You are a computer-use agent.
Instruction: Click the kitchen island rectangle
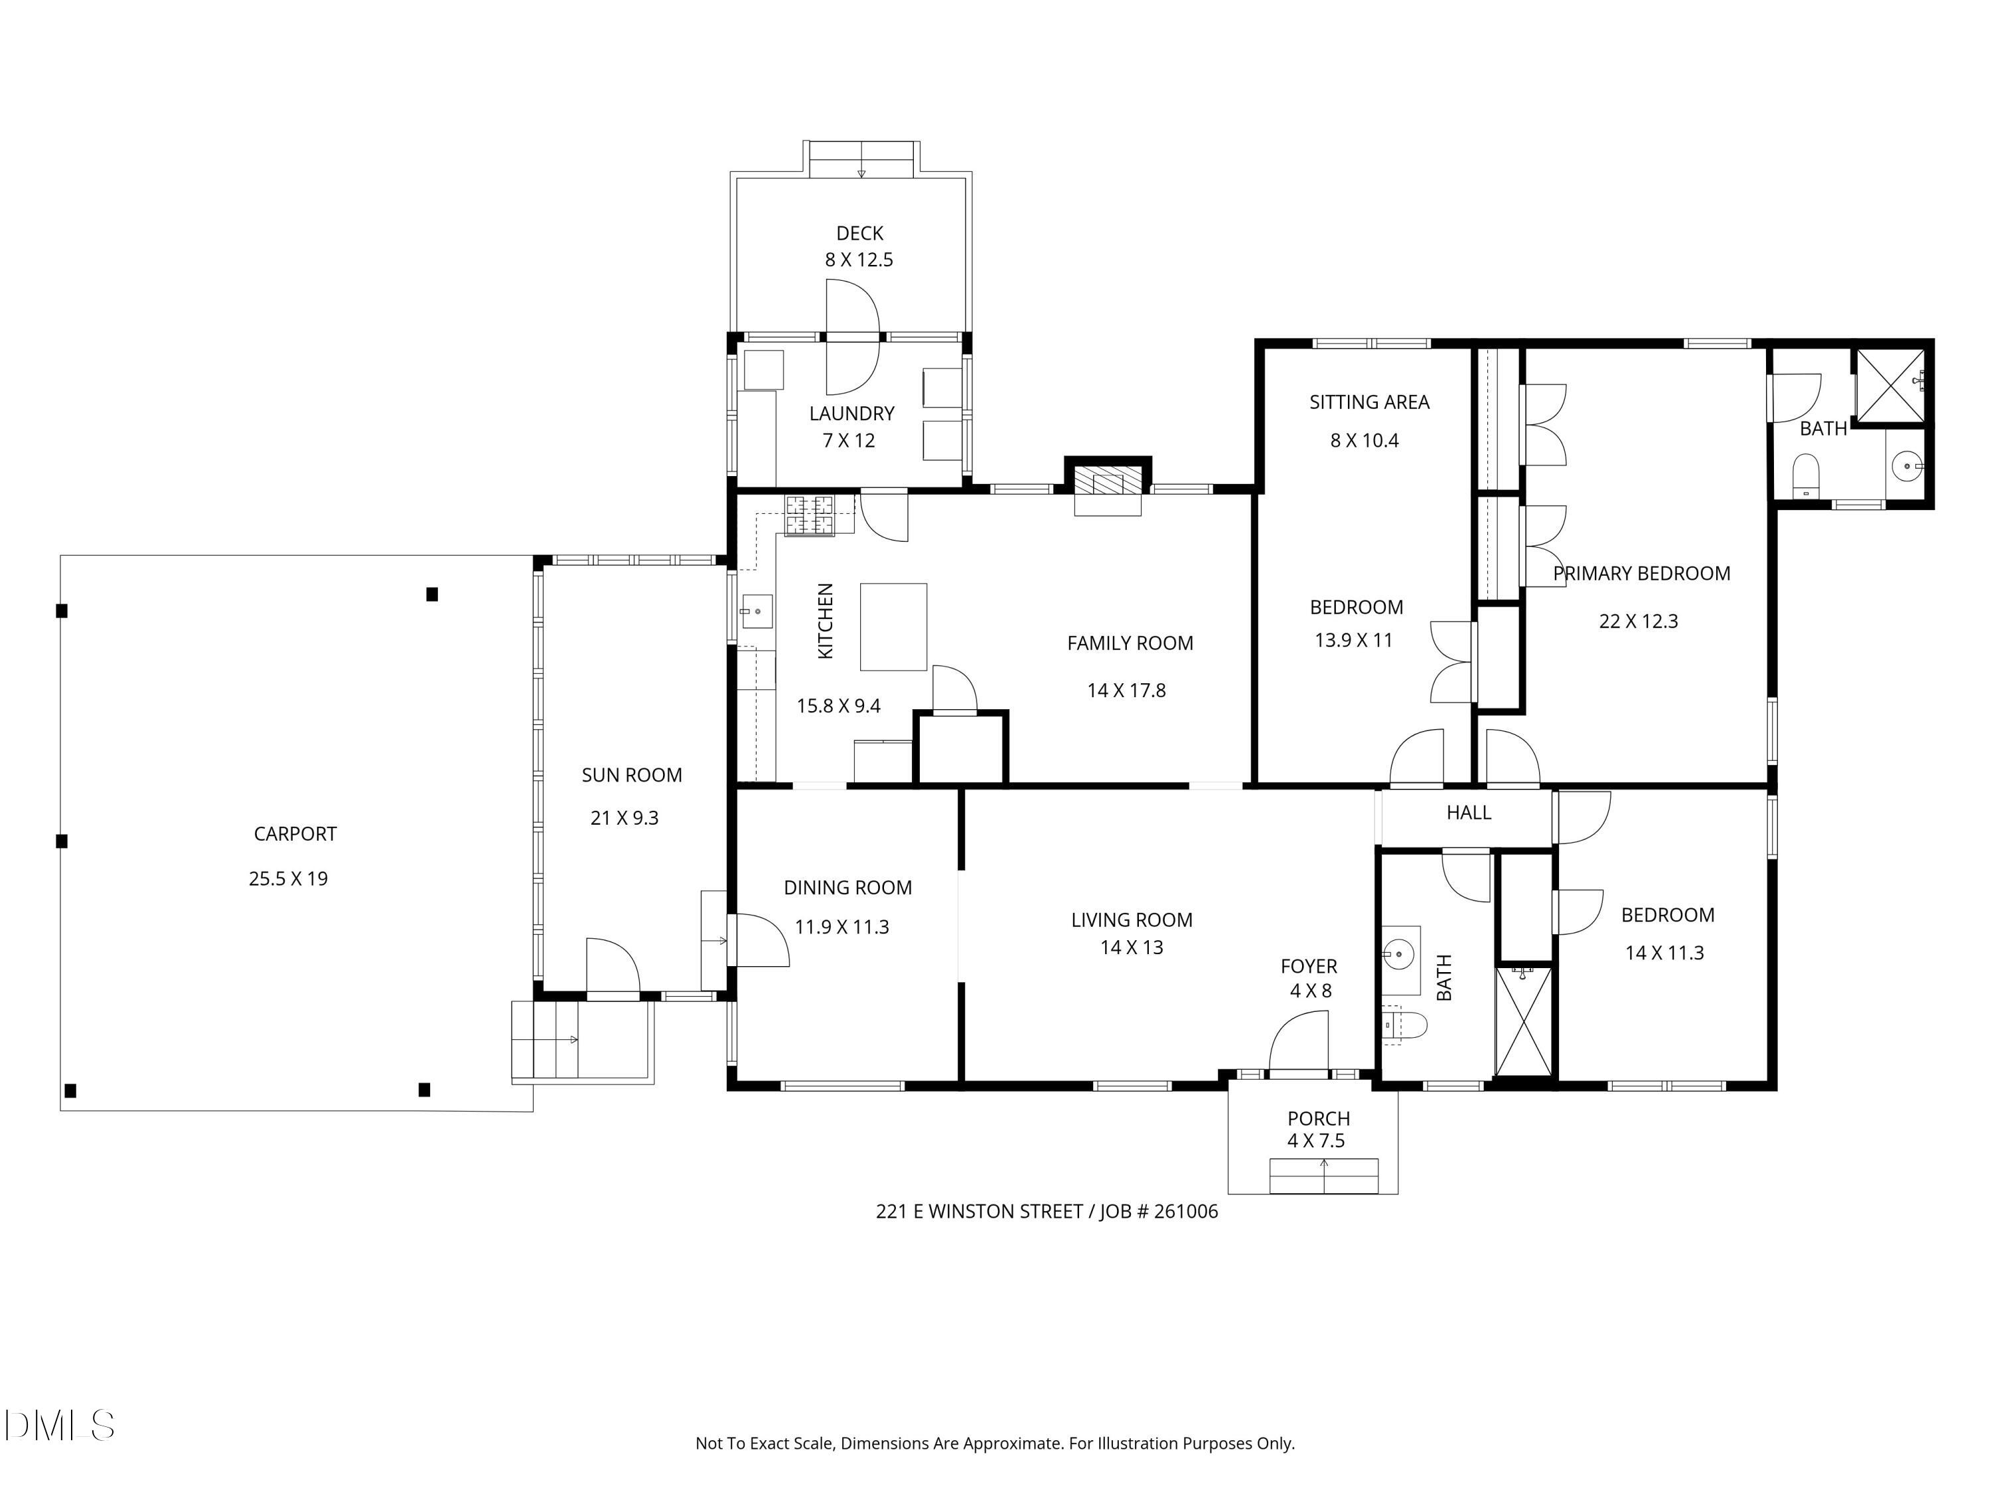coord(893,627)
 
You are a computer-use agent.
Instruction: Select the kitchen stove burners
coord(809,515)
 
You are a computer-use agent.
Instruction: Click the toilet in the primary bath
coord(1807,475)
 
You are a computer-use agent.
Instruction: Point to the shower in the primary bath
coord(1891,384)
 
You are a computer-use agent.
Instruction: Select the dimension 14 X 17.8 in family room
coord(1126,691)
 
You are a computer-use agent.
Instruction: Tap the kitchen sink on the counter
coord(756,612)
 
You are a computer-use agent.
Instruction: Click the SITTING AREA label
coord(1369,402)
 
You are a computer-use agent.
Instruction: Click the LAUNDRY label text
coord(851,414)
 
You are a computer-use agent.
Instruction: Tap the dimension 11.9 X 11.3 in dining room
coord(842,928)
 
